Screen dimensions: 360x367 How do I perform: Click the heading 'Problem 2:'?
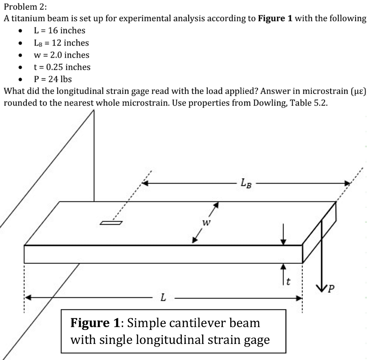point(21,6)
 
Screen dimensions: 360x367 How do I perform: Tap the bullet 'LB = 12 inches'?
point(61,43)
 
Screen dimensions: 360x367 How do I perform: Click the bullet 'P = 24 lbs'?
point(53,79)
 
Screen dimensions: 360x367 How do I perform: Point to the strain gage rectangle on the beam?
point(111,222)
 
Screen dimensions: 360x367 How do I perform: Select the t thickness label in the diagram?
point(289,281)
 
